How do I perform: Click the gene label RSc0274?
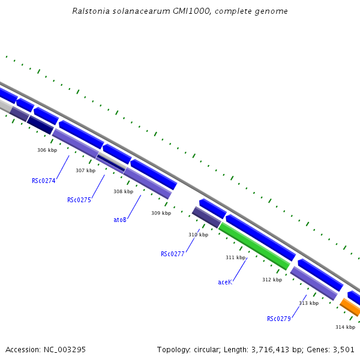(44, 181)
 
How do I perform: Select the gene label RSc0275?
(79, 200)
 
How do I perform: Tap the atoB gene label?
(120, 220)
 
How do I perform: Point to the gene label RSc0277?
(173, 254)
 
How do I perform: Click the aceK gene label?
(225, 281)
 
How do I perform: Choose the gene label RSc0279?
(279, 319)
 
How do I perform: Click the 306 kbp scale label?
(47, 150)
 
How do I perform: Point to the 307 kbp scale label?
(85, 170)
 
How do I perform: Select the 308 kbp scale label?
(123, 191)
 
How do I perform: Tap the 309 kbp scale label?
(161, 213)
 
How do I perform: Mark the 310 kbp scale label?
(198, 235)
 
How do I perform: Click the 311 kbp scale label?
(235, 257)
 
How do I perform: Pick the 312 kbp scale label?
(272, 280)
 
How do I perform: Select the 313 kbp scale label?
(308, 303)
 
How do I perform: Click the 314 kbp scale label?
(345, 327)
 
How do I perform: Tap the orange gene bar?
(350, 308)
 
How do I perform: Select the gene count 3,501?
(343, 349)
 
